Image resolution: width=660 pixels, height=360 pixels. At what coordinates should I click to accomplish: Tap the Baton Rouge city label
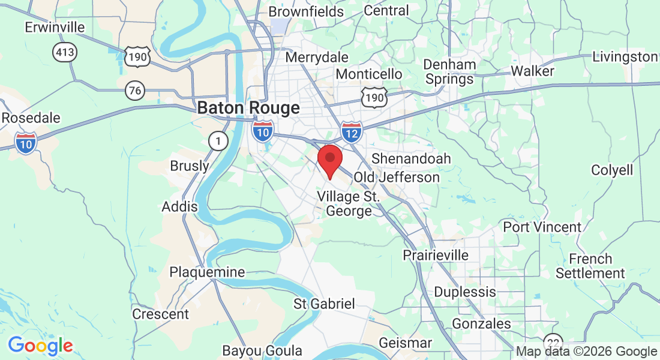(x=248, y=108)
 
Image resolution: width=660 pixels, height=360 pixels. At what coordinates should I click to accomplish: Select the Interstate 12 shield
(x=351, y=131)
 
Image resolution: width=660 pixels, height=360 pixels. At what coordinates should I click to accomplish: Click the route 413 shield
(x=64, y=52)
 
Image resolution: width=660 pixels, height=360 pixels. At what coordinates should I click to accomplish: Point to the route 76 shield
(x=136, y=91)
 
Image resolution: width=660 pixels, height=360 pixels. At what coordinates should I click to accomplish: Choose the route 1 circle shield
(x=218, y=142)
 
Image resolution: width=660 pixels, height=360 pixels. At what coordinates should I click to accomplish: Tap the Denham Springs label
(x=449, y=71)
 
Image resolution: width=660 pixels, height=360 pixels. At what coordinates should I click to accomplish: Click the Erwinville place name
(x=55, y=28)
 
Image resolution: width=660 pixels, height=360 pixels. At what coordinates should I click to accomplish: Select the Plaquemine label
(x=207, y=272)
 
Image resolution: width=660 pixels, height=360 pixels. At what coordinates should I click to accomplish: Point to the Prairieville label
(x=436, y=255)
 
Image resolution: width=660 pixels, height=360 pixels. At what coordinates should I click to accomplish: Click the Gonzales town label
(x=481, y=324)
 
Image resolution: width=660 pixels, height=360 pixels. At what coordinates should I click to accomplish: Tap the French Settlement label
(x=590, y=266)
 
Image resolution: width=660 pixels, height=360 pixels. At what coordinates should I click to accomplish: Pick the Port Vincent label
(x=542, y=227)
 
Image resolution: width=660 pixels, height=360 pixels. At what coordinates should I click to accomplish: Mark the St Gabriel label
(x=324, y=304)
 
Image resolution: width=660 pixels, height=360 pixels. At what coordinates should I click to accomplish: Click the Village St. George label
(x=349, y=203)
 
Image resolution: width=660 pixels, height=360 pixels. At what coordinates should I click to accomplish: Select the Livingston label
(x=625, y=57)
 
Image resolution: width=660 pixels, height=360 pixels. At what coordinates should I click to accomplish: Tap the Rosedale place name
(x=31, y=118)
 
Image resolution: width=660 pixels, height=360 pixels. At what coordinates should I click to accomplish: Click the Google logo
(x=40, y=346)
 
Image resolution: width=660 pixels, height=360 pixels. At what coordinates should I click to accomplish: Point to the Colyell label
(x=612, y=170)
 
